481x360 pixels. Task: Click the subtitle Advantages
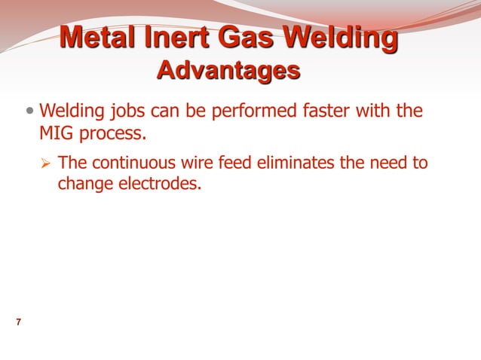(228, 71)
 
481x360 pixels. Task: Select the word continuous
(127, 162)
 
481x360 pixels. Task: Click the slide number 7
(18, 323)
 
